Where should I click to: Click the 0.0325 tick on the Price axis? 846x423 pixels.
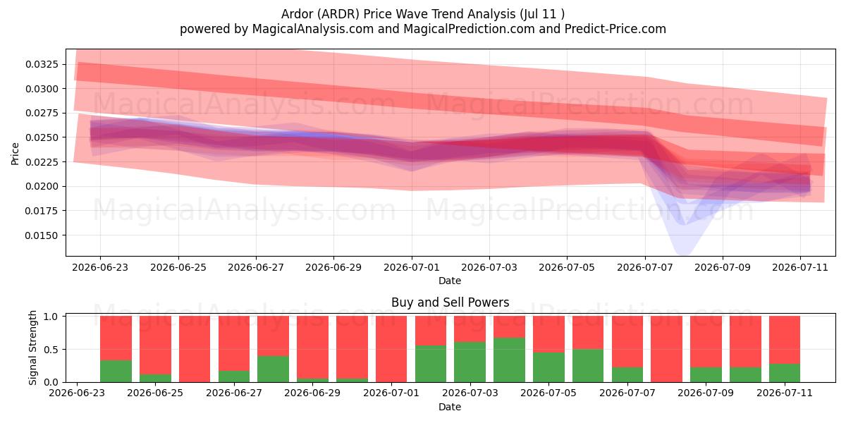click(x=42, y=64)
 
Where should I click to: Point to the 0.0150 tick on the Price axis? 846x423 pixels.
click(x=42, y=235)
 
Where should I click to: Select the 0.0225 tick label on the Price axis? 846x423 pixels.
click(x=42, y=162)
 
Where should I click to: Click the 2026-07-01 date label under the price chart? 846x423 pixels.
click(x=412, y=267)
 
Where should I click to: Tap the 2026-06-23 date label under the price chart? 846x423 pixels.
click(x=100, y=267)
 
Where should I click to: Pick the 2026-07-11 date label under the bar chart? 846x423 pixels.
click(x=785, y=393)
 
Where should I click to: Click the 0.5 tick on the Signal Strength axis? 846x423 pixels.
click(x=51, y=350)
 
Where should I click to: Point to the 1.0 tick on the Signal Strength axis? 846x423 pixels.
click(x=51, y=317)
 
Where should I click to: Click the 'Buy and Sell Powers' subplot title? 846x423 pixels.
click(x=450, y=302)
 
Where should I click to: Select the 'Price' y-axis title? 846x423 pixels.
click(x=15, y=154)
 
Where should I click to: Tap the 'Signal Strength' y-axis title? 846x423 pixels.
click(x=32, y=348)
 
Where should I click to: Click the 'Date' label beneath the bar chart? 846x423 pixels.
click(x=450, y=407)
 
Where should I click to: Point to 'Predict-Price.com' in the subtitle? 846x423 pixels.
click(x=615, y=29)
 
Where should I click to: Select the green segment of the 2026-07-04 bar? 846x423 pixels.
click(x=509, y=360)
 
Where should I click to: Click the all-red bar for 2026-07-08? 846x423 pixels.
click(x=667, y=349)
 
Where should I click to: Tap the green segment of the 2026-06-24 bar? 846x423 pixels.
click(x=116, y=372)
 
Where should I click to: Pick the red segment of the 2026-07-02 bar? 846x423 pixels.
click(x=431, y=331)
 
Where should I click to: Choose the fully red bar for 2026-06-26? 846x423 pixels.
click(x=195, y=349)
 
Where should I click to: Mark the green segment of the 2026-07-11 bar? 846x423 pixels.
click(x=785, y=373)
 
